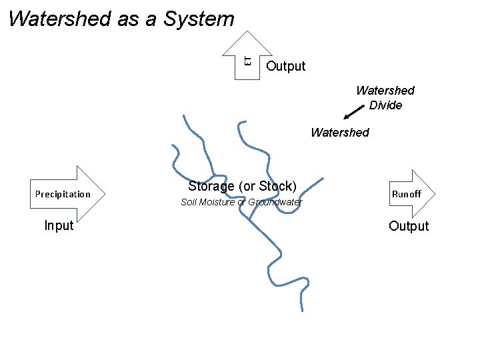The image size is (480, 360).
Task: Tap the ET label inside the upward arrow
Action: (247, 61)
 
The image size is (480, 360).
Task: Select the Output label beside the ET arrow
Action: (285, 66)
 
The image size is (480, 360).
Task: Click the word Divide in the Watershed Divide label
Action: (385, 105)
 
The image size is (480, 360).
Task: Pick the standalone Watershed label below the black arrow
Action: (339, 133)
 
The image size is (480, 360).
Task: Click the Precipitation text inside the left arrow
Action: (63, 195)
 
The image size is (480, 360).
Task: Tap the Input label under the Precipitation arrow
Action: (59, 225)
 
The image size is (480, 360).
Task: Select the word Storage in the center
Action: (211, 186)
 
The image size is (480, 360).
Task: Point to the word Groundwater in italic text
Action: (275, 202)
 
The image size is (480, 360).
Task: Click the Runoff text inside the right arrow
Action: (406, 194)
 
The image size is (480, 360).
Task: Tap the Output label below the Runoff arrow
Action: (409, 226)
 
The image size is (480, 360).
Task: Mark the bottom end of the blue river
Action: (302, 310)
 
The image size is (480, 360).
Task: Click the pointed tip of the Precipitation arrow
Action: (105, 194)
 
